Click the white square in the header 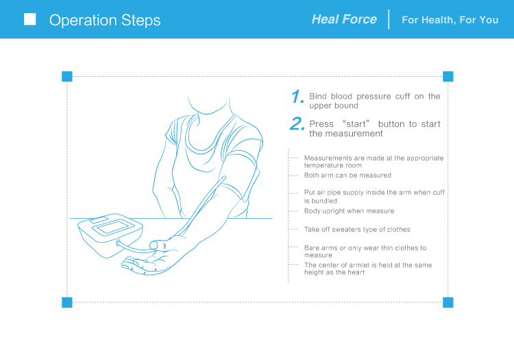click(30, 19)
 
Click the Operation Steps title click(105, 21)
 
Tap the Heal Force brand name click(344, 19)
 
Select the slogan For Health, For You click(450, 20)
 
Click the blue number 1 click(297, 97)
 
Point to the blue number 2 click(297, 124)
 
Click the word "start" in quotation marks click(356, 124)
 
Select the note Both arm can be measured click(347, 176)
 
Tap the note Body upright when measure click(349, 211)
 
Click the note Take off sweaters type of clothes click(357, 230)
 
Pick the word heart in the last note click(356, 272)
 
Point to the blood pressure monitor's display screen click(114, 227)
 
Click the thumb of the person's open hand click(158, 245)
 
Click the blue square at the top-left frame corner click(67, 76)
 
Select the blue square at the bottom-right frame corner click(448, 302)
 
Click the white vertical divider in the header click(389, 19)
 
